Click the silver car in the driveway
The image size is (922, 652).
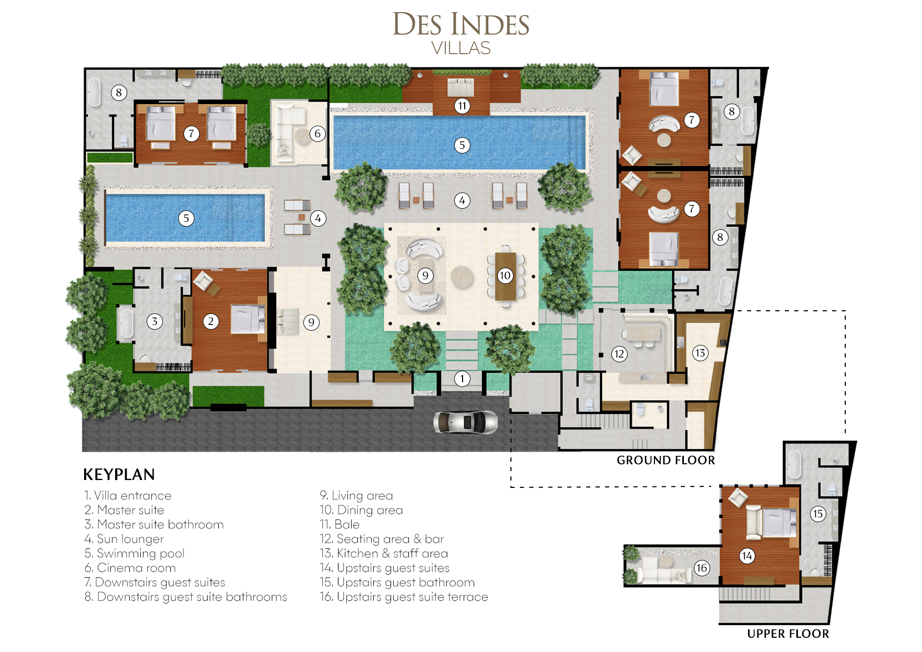pyautogui.click(x=465, y=422)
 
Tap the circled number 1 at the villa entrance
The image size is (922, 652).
pyautogui.click(x=462, y=379)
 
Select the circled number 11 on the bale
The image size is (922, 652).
pyautogui.click(x=462, y=106)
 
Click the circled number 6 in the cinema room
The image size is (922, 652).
pyautogui.click(x=317, y=134)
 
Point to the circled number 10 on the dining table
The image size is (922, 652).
pyautogui.click(x=505, y=276)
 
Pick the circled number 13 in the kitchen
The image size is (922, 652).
pyautogui.click(x=700, y=353)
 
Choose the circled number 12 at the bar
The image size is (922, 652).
pyautogui.click(x=619, y=354)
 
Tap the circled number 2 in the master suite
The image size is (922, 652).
pyautogui.click(x=211, y=321)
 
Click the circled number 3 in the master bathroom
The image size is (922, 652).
pyautogui.click(x=155, y=321)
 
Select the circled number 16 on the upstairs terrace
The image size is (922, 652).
pyautogui.click(x=702, y=568)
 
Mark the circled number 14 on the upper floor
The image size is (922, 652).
pyautogui.click(x=747, y=556)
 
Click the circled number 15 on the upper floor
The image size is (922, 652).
pyautogui.click(x=817, y=514)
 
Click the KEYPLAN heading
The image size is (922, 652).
pyautogui.click(x=119, y=475)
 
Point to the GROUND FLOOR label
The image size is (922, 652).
pyautogui.click(x=666, y=460)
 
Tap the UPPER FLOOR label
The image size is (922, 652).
pyautogui.click(x=788, y=634)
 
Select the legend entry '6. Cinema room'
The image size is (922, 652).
pyautogui.click(x=130, y=568)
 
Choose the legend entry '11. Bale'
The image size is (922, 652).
pyautogui.click(x=340, y=524)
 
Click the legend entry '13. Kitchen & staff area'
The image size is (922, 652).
pyautogui.click(x=384, y=553)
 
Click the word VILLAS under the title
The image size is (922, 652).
pyautogui.click(x=461, y=48)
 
